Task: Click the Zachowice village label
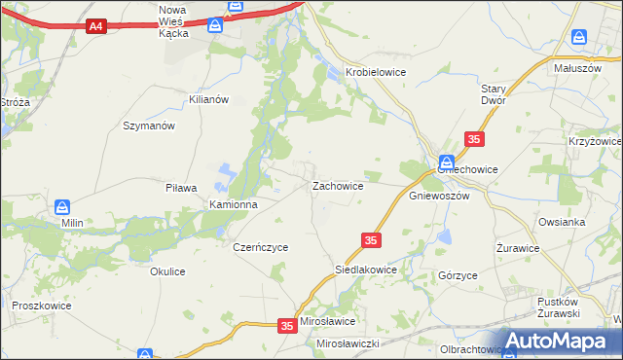coord(338,185)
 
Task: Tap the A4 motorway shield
coord(95,27)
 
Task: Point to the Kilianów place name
coord(208,100)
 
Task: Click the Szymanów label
coord(148,126)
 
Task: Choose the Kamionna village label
coord(234,205)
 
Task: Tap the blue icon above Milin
coord(62,207)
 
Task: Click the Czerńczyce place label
coord(260,247)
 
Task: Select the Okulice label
coord(167,271)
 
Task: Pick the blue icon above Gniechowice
coord(446,162)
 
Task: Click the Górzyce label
coord(458,275)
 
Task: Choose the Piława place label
coord(181,188)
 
